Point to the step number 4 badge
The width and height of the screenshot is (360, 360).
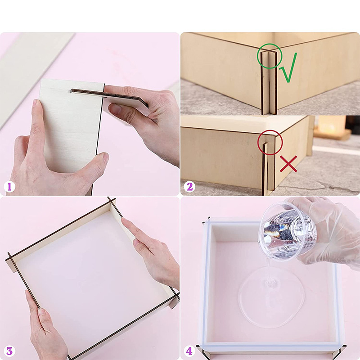click(x=189, y=351)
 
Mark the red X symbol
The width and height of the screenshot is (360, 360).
click(x=288, y=164)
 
